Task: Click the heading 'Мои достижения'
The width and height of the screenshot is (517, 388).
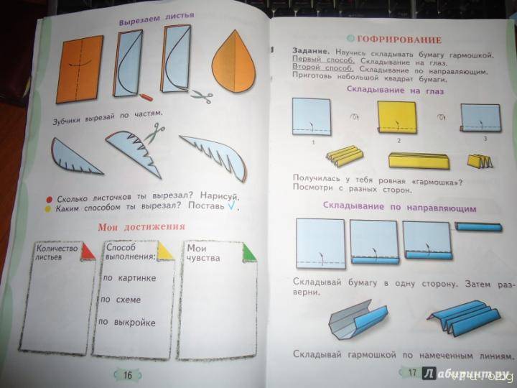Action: click(x=141, y=226)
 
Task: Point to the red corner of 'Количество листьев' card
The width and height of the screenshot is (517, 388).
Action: click(x=88, y=250)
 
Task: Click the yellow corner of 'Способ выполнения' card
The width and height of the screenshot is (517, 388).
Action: click(x=165, y=251)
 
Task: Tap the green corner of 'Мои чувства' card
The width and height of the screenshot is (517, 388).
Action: click(x=248, y=251)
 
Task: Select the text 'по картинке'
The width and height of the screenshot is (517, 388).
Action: click(x=129, y=277)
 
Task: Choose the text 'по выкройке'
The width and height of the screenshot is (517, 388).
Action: click(x=129, y=323)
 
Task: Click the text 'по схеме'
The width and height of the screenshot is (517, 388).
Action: click(x=121, y=300)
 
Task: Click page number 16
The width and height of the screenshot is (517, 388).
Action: click(x=126, y=374)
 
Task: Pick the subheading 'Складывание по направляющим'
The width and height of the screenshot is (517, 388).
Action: click(x=399, y=206)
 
